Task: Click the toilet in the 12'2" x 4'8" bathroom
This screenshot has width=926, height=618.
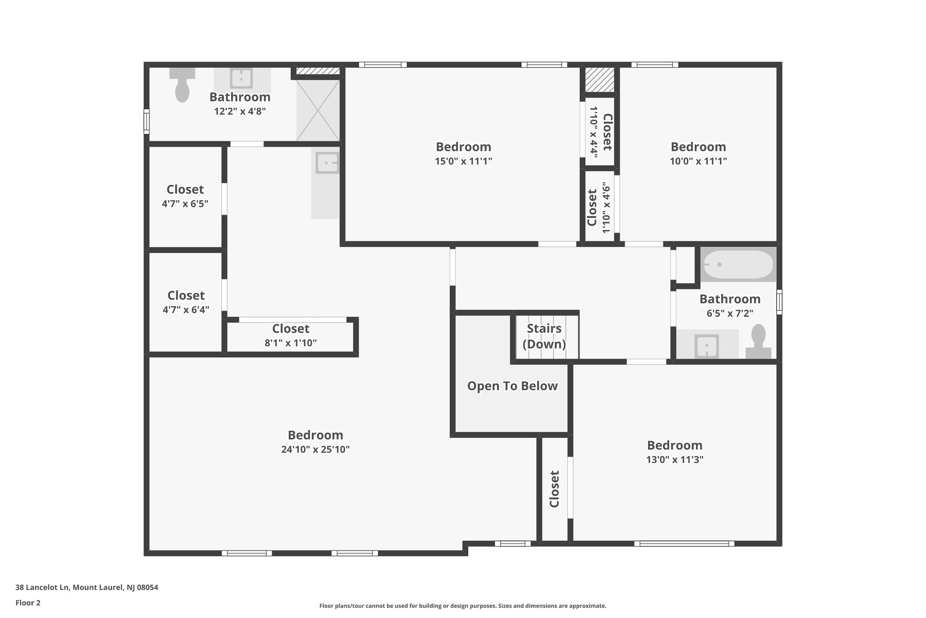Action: click(182, 87)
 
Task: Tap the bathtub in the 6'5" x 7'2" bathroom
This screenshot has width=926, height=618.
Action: click(738, 264)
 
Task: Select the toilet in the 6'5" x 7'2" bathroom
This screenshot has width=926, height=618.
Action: click(758, 342)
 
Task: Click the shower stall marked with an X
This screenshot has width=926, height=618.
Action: click(317, 110)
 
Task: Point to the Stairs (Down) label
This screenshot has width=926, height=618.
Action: click(544, 336)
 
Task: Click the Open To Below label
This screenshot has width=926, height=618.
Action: click(512, 386)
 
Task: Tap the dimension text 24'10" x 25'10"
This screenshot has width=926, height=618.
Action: click(316, 450)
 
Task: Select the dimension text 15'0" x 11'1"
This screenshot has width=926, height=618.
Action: click(463, 161)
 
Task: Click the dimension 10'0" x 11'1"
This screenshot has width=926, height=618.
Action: click(698, 161)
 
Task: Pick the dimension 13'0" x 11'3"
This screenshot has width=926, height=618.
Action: click(675, 460)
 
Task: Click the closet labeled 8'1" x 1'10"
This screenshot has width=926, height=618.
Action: click(291, 335)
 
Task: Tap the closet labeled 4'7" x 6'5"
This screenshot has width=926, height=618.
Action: click(185, 196)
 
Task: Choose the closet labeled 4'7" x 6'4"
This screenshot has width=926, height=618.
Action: click(186, 302)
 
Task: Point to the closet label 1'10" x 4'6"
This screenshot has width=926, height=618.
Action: click(599, 207)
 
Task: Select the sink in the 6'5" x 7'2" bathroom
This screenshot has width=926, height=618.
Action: click(706, 346)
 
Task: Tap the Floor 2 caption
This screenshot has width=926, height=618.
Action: click(28, 603)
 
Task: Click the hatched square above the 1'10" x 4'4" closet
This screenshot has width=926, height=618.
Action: click(600, 80)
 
